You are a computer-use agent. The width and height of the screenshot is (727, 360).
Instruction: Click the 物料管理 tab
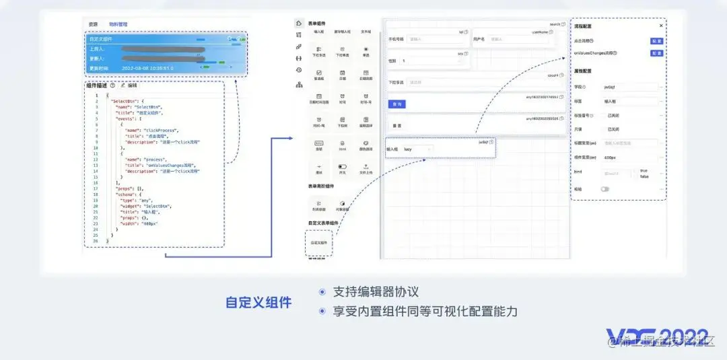[x=118, y=24]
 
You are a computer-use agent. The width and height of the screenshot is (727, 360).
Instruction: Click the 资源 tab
[x=93, y=24]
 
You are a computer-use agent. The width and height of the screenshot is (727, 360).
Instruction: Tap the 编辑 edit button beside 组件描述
[x=129, y=85]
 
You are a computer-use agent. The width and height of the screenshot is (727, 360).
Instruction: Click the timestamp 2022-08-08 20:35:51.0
[x=148, y=69]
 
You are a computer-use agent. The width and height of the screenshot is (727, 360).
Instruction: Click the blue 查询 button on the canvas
[x=398, y=104]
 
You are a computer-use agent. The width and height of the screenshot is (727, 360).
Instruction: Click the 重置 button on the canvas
[x=398, y=126]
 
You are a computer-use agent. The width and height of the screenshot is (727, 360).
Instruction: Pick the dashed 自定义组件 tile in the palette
[x=318, y=243]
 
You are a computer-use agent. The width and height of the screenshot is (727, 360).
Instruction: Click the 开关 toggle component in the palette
[x=343, y=168]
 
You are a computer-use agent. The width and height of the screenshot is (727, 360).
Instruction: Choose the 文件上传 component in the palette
[x=366, y=168]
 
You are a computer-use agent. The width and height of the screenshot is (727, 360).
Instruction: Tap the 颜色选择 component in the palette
[x=366, y=145]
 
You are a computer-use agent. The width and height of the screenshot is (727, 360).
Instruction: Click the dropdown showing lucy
[x=418, y=149]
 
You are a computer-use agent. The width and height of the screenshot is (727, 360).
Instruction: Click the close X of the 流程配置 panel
[x=660, y=26]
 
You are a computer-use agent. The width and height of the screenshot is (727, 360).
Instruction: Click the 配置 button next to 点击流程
[x=656, y=41]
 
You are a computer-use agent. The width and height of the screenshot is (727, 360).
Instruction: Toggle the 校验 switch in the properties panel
[x=604, y=189]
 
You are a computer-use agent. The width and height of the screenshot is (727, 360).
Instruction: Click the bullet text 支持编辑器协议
[x=376, y=292]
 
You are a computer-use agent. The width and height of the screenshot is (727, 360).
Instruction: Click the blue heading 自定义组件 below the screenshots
[x=258, y=303]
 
